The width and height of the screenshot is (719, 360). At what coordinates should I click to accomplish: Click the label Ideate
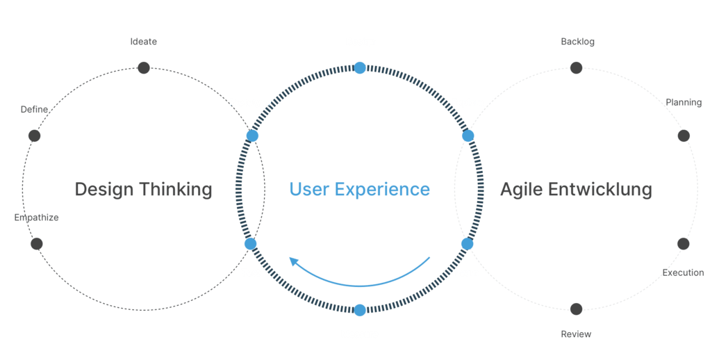click(144, 42)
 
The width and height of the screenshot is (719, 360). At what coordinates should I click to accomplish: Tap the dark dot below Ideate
click(144, 68)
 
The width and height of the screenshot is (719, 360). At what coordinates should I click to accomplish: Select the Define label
click(35, 110)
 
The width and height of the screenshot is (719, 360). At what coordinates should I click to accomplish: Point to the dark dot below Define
click(35, 136)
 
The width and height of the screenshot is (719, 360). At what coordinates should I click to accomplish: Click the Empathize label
click(36, 218)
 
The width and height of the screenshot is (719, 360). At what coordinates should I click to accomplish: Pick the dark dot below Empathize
click(37, 244)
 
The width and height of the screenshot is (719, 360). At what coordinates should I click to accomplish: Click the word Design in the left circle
click(104, 190)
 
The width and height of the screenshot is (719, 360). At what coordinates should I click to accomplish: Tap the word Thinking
click(176, 189)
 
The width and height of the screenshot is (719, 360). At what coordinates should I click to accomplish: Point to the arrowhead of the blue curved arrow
click(293, 262)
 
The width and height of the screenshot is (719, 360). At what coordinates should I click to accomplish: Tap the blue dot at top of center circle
click(360, 68)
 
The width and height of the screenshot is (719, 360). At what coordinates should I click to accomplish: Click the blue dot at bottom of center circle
click(360, 310)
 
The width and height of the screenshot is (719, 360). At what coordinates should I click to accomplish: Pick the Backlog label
click(578, 42)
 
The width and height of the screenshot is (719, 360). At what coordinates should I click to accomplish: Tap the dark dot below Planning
click(684, 136)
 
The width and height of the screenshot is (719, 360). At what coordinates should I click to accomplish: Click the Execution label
click(684, 273)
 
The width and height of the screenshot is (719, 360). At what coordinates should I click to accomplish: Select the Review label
click(576, 334)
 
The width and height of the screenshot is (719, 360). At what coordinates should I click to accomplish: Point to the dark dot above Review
click(577, 309)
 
